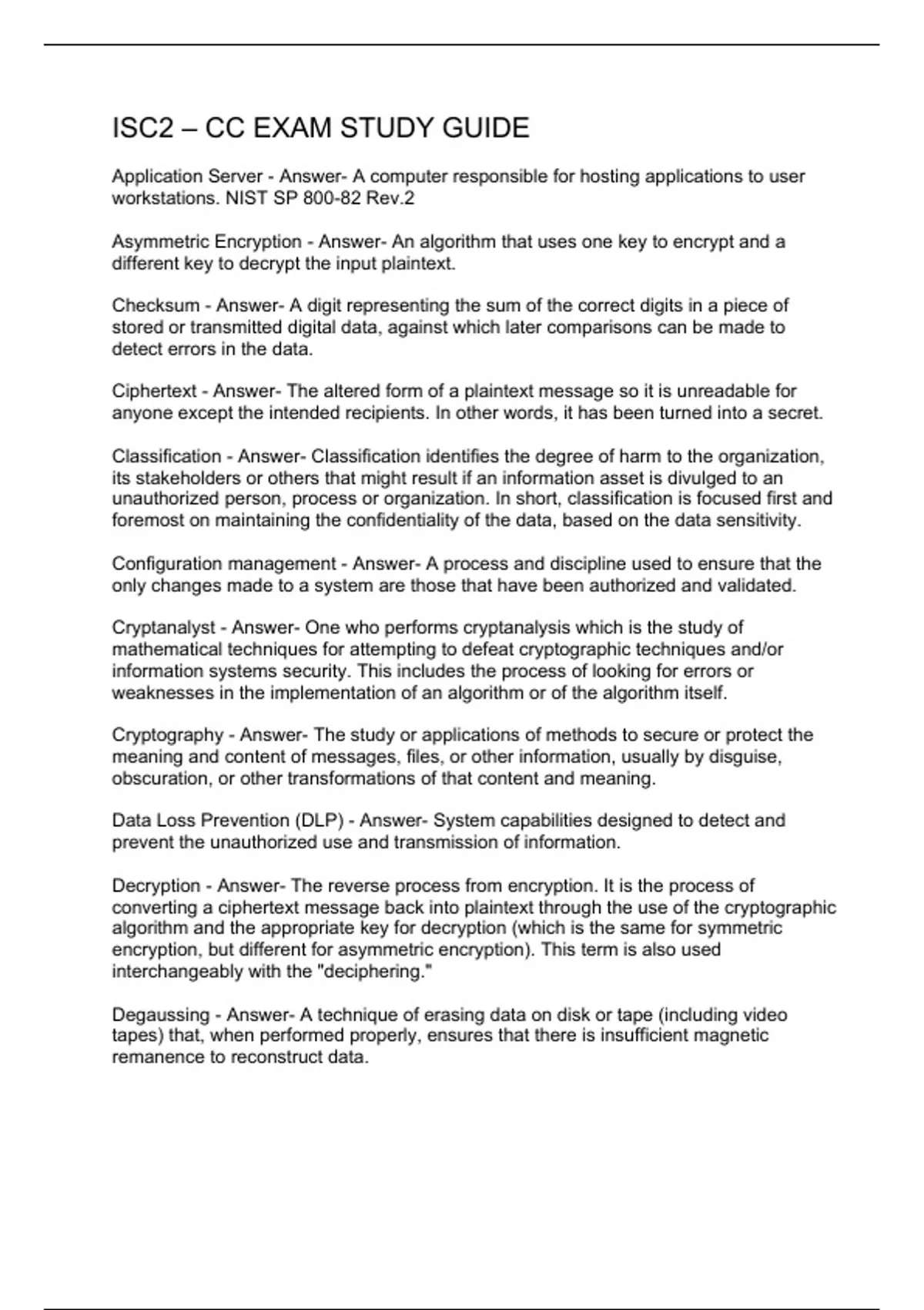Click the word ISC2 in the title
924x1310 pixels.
(x=143, y=128)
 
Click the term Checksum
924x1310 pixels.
(x=156, y=306)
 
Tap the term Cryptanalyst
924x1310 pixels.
(x=163, y=628)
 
